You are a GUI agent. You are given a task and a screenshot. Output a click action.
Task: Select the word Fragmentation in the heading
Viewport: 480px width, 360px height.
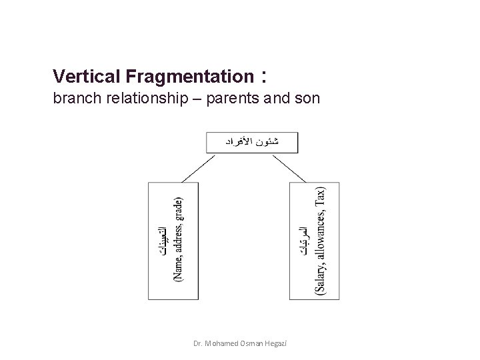[x=183, y=77]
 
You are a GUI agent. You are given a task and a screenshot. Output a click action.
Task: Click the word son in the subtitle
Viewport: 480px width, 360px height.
[x=308, y=99]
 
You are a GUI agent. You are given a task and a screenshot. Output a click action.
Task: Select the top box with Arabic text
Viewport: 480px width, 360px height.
[x=253, y=142]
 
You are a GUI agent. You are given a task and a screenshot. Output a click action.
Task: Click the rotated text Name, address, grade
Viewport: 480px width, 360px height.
[x=178, y=239]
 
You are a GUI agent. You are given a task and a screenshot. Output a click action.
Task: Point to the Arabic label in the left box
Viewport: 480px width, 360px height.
[x=163, y=239]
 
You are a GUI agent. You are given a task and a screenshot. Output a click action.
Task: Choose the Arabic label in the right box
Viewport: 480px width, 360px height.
[x=305, y=248]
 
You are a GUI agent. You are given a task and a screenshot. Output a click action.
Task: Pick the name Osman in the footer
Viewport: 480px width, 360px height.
[x=247, y=343]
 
